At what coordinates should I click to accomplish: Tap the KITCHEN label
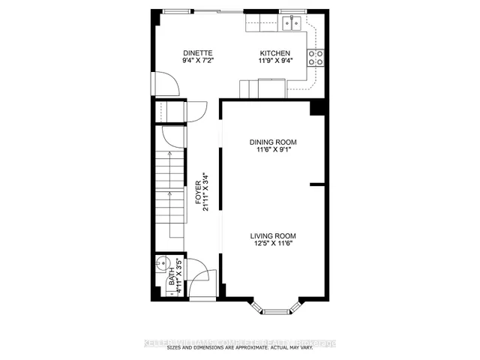tap(274, 53)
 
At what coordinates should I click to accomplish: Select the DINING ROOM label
tap(274, 142)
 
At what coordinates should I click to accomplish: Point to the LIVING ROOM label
tap(274, 235)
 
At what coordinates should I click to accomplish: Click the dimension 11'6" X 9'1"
tap(274, 150)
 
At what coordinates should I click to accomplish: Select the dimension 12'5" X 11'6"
tap(274, 244)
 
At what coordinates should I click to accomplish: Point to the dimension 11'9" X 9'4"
tap(274, 61)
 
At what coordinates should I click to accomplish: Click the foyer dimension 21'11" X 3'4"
tap(206, 193)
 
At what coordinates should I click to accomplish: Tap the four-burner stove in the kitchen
tap(316, 58)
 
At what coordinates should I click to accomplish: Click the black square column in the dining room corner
tap(318, 109)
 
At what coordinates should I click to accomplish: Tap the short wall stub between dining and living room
tap(317, 184)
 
